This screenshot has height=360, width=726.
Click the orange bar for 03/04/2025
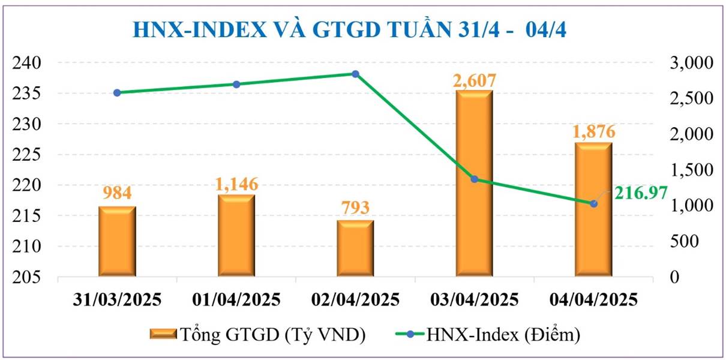click(474, 184)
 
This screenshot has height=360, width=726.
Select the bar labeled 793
click(355, 248)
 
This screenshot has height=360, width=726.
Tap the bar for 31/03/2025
click(117, 241)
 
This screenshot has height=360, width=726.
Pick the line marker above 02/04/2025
click(355, 74)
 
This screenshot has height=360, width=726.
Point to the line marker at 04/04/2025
click(593, 203)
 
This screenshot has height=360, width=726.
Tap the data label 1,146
click(236, 184)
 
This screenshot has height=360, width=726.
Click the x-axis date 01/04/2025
click(236, 299)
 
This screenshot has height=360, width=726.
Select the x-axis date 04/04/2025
click(593, 299)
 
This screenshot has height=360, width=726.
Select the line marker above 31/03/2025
click(117, 92)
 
